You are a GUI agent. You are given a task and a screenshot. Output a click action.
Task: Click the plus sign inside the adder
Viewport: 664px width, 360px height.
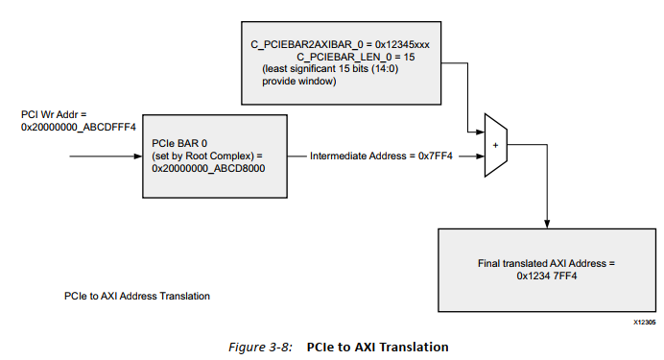495,146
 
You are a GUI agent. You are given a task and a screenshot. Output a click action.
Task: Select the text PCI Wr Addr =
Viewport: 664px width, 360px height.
52,115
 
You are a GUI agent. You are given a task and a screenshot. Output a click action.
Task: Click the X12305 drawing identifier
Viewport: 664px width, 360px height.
644,324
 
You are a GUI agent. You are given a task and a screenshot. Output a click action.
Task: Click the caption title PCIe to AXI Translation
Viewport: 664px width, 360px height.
377,346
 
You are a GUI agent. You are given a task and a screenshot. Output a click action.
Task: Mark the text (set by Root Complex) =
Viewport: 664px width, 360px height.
206,156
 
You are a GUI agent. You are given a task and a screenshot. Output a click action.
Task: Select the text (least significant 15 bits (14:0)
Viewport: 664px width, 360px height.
328,71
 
